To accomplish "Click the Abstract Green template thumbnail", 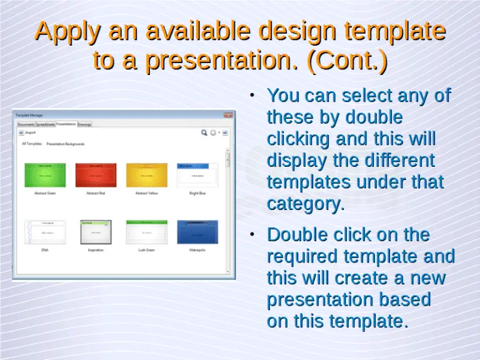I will pyautogui.click(x=44, y=175).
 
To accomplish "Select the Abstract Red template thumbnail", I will pyautogui.click(x=96, y=175).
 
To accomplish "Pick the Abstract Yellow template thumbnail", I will pyautogui.click(x=147, y=175).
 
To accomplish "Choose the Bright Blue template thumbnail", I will pyautogui.click(x=197, y=175).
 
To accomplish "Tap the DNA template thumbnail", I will pyautogui.click(x=44, y=232).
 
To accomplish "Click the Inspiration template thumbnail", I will pyautogui.click(x=96, y=232).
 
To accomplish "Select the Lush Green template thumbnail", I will pyautogui.click(x=147, y=232).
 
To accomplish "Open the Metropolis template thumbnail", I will pyautogui.click(x=197, y=232).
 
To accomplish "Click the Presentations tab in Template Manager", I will pyautogui.click(x=66, y=124).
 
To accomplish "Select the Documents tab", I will pyautogui.click(x=26, y=124).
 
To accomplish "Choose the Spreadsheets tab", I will pyautogui.click(x=46, y=124).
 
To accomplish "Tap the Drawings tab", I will pyautogui.click(x=84, y=124).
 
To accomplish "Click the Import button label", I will pyautogui.click(x=30, y=132).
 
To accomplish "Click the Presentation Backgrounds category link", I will pyautogui.click(x=66, y=144).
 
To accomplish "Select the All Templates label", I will pyautogui.click(x=32, y=144).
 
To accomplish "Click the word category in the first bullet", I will pyautogui.click(x=304, y=204).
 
